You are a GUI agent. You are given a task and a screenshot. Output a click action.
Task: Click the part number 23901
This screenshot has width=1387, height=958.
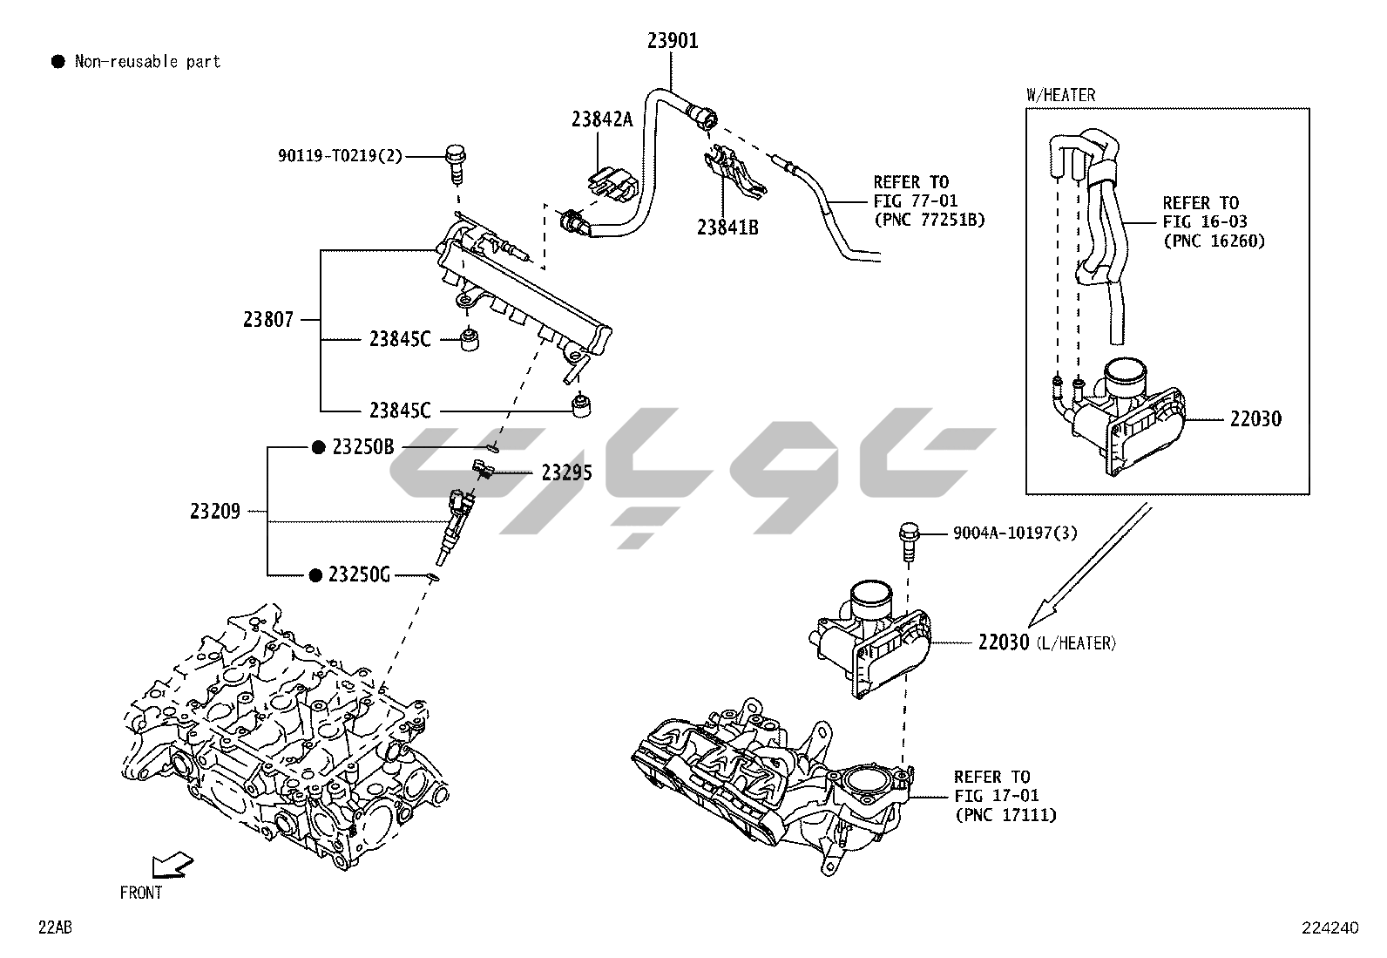(672, 40)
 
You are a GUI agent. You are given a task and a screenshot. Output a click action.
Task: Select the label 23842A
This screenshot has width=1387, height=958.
(602, 119)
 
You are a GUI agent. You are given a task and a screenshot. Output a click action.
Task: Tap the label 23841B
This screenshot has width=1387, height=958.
(727, 228)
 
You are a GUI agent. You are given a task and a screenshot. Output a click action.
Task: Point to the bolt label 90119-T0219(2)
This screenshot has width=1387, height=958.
(340, 156)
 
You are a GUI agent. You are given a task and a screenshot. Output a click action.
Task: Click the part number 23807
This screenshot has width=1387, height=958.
(268, 320)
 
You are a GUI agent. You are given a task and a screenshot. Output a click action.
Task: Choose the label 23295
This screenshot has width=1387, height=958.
(566, 472)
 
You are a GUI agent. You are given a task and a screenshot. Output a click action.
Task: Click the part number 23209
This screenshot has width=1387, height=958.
(215, 511)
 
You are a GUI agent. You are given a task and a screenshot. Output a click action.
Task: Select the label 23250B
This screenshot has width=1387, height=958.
(363, 447)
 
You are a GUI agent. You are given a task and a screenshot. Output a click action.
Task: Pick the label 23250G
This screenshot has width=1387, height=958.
(359, 574)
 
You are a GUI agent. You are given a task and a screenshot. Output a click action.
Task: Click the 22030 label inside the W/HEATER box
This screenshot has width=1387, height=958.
(1255, 419)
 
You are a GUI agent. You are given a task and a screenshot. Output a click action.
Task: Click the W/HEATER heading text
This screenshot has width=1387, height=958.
(1060, 95)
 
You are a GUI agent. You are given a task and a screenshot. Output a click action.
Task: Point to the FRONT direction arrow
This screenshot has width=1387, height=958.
(172, 866)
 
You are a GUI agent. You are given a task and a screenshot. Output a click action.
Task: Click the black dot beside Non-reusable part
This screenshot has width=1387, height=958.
(58, 61)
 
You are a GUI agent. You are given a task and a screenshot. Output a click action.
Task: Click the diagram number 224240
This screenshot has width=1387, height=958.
(1329, 928)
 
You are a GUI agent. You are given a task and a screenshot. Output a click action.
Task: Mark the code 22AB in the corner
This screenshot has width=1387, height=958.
(54, 927)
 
